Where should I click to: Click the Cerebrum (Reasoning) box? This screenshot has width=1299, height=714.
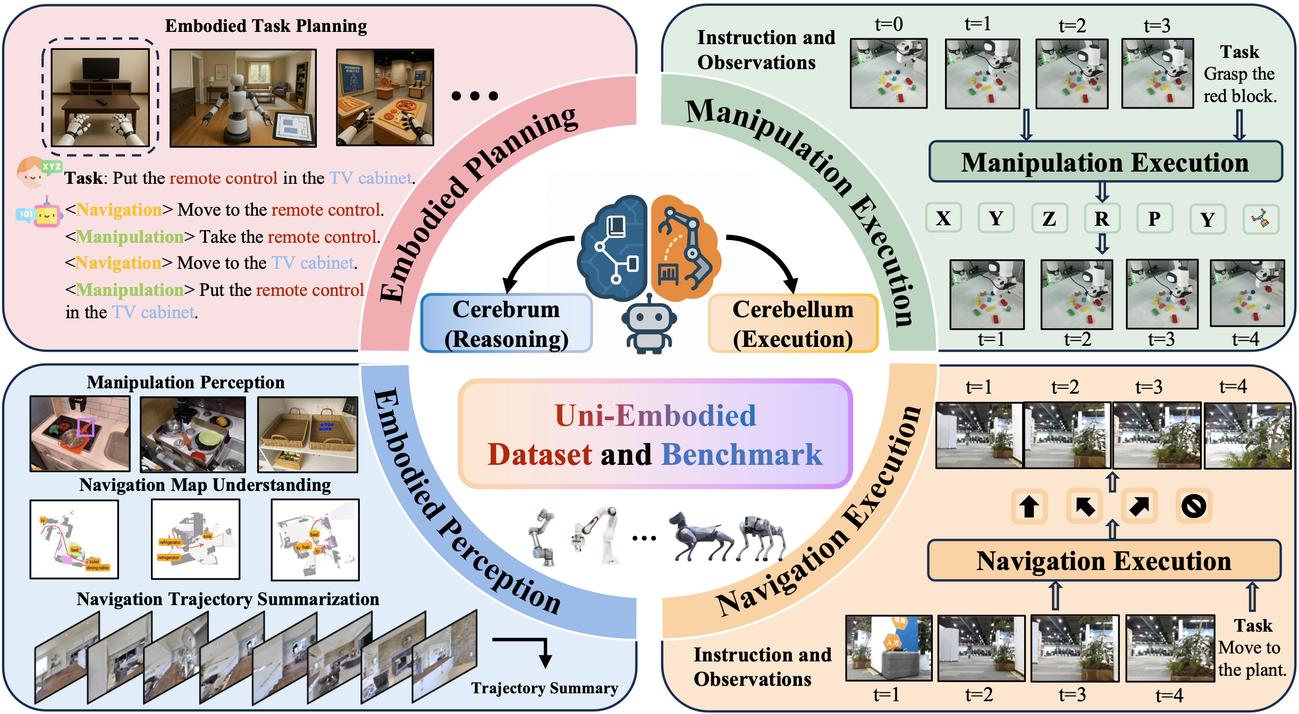pos(507,324)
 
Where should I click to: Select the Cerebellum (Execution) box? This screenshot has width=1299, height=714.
pos(793,324)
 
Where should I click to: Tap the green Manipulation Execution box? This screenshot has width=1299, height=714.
pos(1105,162)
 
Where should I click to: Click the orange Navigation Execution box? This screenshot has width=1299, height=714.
pos(1104,561)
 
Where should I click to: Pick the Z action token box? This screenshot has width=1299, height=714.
pos(1049,218)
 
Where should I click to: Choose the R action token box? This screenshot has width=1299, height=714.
pos(1102,218)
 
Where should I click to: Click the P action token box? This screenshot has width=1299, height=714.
pos(1154,218)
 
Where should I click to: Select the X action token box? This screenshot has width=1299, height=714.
pos(943,218)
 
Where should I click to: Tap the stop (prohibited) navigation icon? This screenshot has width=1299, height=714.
pos(1194,506)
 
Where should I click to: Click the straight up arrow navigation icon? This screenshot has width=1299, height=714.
pos(1030,506)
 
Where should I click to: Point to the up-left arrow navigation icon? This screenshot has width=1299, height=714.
pos(1085,506)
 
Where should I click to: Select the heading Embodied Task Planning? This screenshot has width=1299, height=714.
pos(266,25)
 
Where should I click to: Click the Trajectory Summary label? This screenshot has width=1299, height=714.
pos(544,688)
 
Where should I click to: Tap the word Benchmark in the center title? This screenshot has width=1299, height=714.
pos(741,455)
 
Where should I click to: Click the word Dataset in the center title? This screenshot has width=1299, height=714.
pos(540,455)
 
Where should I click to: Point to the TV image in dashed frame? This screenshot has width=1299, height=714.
pos(100,97)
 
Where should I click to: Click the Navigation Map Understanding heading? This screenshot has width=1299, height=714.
pos(205,485)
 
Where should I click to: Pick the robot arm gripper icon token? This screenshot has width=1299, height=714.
pos(1261,218)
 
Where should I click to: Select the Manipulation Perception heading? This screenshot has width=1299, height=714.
pos(185,382)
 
